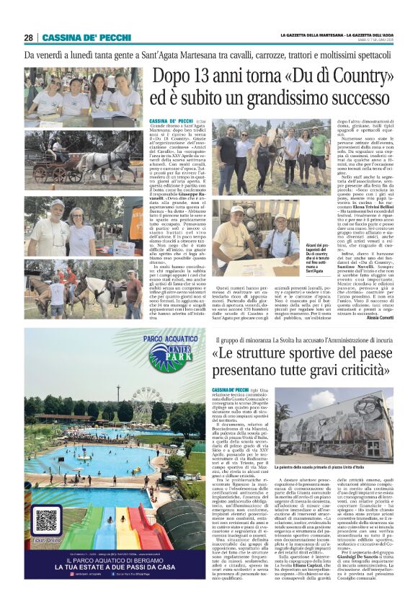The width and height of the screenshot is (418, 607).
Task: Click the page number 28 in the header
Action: coord(29,37)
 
